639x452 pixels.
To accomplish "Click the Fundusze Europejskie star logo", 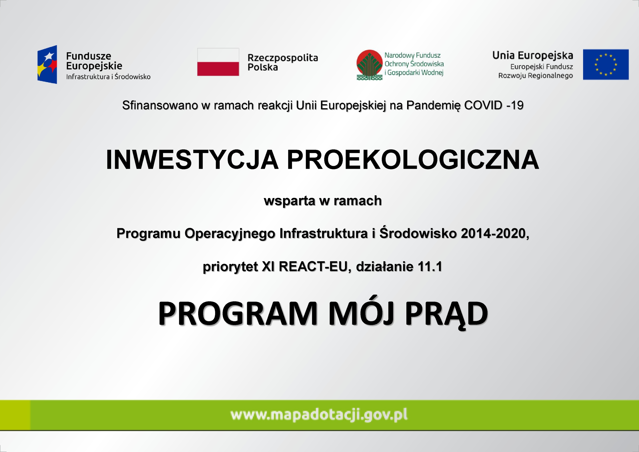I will pos(47,65).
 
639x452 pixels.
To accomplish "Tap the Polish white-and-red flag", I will pos(218,62).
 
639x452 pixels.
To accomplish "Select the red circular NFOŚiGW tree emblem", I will pos(369,65).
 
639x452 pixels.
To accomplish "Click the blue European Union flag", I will pos(606,65).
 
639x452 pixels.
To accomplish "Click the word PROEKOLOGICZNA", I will pos(413,160).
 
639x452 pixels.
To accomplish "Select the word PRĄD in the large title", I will pos(446,314).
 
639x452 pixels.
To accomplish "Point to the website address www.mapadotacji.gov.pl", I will pos(319,415).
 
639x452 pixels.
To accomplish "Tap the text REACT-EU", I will pos(313,266).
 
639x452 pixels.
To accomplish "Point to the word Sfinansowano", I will pos(160,105).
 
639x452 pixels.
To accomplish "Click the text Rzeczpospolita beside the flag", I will pos(283,58).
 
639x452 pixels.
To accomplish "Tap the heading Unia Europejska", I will pos(532,55).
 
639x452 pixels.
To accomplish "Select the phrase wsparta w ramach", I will pos(322,201).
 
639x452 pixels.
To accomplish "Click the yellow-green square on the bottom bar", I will pos(15,415).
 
